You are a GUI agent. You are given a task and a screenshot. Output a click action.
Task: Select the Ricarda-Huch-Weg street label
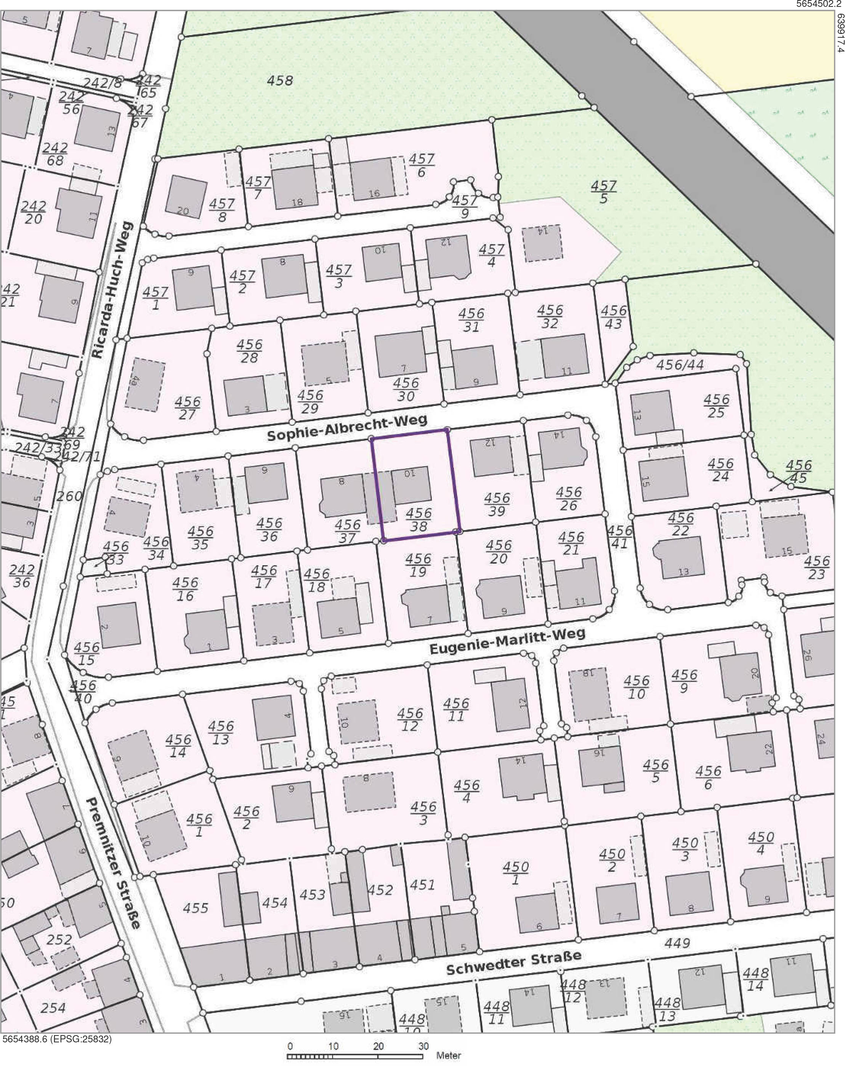click(x=112, y=290)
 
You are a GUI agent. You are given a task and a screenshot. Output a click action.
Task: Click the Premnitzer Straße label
click(x=113, y=862)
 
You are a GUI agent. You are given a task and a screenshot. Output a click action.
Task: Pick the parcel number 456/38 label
click(x=418, y=519)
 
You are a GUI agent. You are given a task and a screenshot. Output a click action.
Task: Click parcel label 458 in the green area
click(x=280, y=80)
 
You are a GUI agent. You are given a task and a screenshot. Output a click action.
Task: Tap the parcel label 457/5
click(x=603, y=192)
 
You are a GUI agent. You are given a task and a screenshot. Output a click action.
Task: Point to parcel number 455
click(x=196, y=908)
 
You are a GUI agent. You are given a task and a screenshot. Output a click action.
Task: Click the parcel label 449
click(x=677, y=943)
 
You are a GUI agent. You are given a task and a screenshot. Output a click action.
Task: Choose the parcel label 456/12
click(x=410, y=720)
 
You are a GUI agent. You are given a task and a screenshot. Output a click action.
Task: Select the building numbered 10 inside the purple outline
click(x=411, y=484)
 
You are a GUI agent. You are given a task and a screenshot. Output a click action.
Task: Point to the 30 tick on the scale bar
click(x=423, y=1046)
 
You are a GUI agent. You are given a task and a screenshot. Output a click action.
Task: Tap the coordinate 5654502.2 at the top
click(x=818, y=4)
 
